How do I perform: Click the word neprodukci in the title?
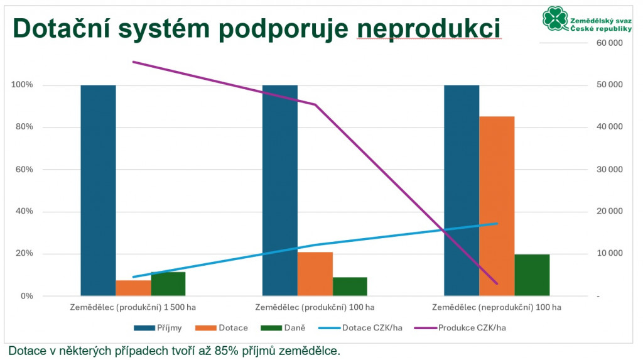pyautogui.click(x=429, y=29)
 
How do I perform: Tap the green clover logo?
pyautogui.click(x=555, y=18)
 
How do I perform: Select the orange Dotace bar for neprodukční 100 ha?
pyautogui.click(x=497, y=206)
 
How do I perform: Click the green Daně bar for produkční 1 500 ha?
pyautogui.click(x=168, y=283)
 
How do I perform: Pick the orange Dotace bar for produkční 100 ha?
pyautogui.click(x=315, y=274)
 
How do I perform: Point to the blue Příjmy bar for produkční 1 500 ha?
pyautogui.click(x=98, y=190)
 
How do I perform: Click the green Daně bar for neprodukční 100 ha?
pyautogui.click(x=532, y=275)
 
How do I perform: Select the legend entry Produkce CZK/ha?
pyautogui.click(x=460, y=328)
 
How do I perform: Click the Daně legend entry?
pyautogui.click(x=283, y=328)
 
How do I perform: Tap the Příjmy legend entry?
pyautogui.click(x=158, y=328)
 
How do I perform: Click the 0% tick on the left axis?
pyautogui.click(x=26, y=296)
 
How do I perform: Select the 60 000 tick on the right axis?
pyautogui.click(x=609, y=43)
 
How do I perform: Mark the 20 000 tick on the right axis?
pyautogui.click(x=609, y=211)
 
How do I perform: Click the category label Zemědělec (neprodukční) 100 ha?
pyautogui.click(x=497, y=307)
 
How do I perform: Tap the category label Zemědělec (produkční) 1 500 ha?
pyautogui.click(x=133, y=307)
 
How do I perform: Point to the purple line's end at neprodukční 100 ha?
pyautogui.click(x=497, y=283)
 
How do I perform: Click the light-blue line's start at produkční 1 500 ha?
pyautogui.click(x=133, y=277)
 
